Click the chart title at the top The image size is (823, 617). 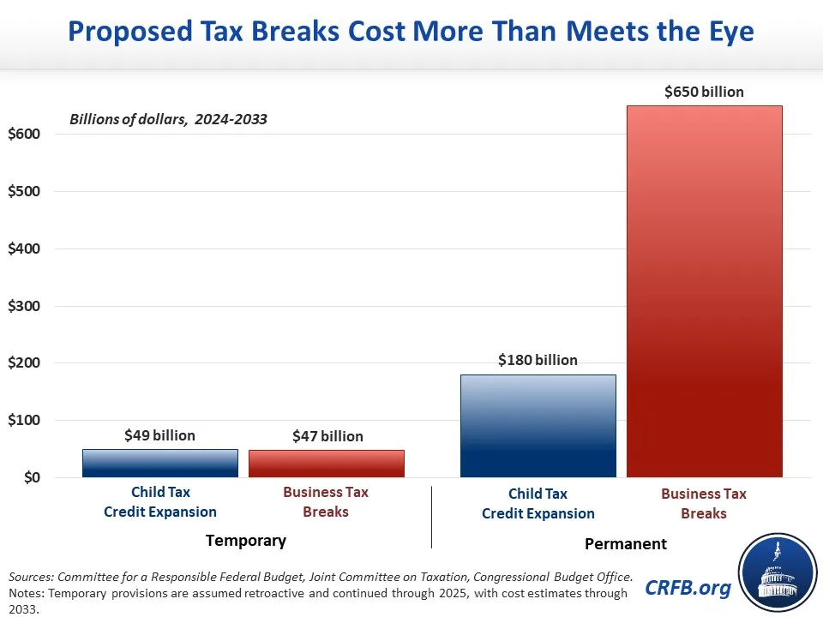411,33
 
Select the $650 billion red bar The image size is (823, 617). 704,291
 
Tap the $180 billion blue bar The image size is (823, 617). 538,426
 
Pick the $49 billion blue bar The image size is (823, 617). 160,463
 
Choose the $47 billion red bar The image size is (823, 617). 326,464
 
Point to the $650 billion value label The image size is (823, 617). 704,92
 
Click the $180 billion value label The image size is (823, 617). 538,361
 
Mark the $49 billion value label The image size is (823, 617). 160,435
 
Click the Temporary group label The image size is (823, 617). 246,541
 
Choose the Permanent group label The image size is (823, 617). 625,544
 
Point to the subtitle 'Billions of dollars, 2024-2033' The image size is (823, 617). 168,119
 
